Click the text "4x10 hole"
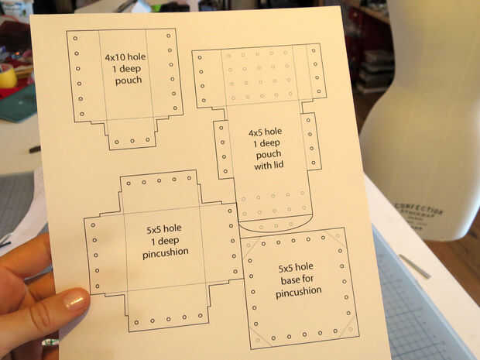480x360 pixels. (x=125, y=57)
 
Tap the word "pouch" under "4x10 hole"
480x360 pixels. (x=129, y=81)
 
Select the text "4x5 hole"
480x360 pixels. (x=265, y=132)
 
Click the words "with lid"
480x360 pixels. (x=269, y=166)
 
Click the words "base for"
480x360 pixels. (x=297, y=279)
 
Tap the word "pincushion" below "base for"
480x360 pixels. (x=299, y=292)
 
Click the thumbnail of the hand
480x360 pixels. (x=76, y=300)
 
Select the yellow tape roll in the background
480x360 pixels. (x=8, y=77)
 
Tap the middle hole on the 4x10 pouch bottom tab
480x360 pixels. (x=132, y=141)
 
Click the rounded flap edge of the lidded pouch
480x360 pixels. (x=275, y=228)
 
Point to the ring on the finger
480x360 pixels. (x=50, y=342)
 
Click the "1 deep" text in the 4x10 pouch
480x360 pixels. (x=127, y=69)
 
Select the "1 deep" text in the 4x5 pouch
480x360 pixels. (x=266, y=143)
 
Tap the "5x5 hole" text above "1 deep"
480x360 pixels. (x=164, y=229)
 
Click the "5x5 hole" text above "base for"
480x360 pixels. (x=296, y=268)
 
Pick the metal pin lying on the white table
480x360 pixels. (x=415, y=266)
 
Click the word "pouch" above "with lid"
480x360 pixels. (x=268, y=155)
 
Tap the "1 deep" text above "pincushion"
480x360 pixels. (x=165, y=241)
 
